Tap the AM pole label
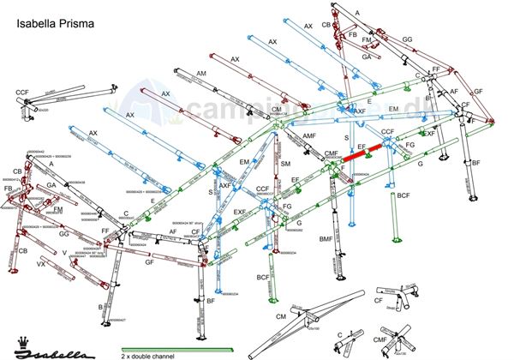201,75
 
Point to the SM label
286,164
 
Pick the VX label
41,265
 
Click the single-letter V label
65,253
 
